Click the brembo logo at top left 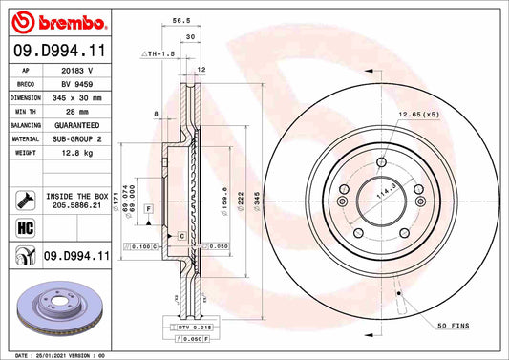58,22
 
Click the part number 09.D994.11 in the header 58,51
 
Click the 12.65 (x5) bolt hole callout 419,114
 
